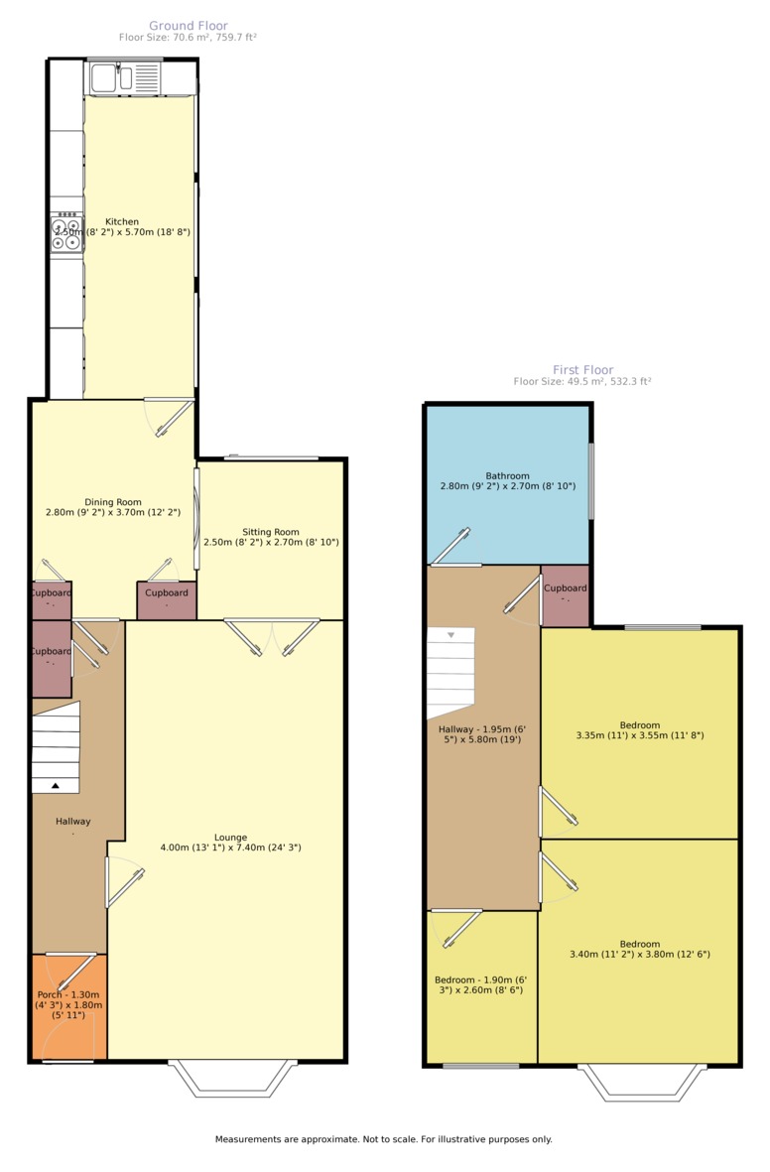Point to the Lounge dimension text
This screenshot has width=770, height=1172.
pos(230,848)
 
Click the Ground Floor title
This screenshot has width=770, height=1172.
pos(188,26)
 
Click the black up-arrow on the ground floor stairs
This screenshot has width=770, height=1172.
pos(55,786)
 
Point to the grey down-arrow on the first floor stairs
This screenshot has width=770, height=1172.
pos(450,634)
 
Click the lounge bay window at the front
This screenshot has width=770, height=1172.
pos(233,1080)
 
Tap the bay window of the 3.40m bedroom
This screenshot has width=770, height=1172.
pos(643,1084)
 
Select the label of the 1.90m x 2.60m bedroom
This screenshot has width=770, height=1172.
pos(479,984)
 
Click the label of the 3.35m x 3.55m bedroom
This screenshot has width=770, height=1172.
pos(640,730)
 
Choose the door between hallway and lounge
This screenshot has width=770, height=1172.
pos(124,882)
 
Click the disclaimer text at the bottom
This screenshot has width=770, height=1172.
pos(383,1139)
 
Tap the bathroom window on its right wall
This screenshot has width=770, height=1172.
pos(591,480)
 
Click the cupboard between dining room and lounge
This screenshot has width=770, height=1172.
pos(166,599)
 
